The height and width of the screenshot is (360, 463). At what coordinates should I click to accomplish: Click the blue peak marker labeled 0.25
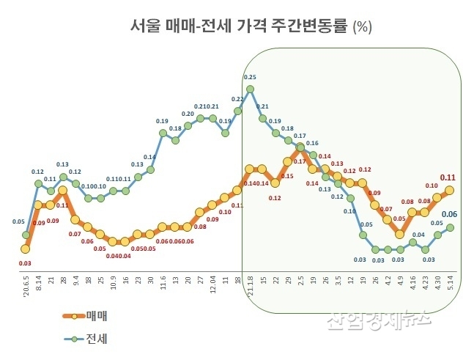[x=250, y=89]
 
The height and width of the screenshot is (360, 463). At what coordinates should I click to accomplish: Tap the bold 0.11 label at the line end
[x=448, y=177]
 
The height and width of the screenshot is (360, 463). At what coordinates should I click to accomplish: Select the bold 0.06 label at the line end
[x=450, y=214]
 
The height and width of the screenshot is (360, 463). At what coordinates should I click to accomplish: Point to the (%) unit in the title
[x=363, y=28]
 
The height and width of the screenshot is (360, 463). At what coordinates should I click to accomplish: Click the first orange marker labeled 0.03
[x=26, y=249]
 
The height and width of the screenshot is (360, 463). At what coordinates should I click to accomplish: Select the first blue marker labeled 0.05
[x=26, y=235]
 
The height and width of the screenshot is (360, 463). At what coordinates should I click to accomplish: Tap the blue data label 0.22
[x=237, y=99]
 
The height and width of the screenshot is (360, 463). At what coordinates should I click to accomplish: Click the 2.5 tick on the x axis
[x=300, y=282]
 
